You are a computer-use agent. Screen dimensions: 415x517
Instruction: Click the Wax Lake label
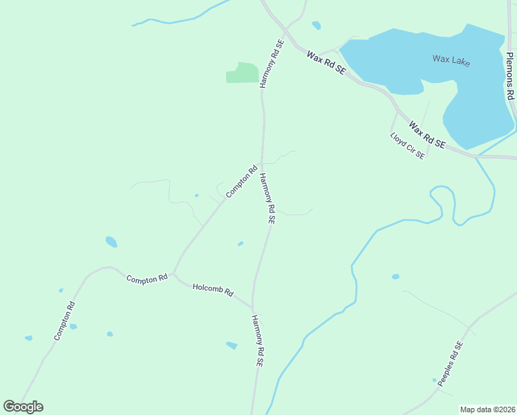(x=451, y=60)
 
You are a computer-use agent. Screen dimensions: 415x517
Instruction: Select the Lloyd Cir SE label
(x=407, y=146)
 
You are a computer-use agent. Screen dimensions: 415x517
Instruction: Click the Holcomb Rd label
(x=213, y=289)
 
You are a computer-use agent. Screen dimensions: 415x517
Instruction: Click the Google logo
(x=23, y=407)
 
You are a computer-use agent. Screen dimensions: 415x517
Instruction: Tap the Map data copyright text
(x=487, y=409)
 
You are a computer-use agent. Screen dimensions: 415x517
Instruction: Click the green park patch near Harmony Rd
(x=242, y=73)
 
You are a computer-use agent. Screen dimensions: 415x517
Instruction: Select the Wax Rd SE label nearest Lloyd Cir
(x=426, y=135)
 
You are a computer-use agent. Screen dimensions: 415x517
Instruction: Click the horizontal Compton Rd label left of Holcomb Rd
(x=147, y=278)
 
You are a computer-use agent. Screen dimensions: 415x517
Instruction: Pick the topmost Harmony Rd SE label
(x=270, y=63)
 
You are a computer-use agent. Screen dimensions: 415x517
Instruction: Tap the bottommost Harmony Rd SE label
(x=258, y=340)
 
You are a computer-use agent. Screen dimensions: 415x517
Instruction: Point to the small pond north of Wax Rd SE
(x=317, y=26)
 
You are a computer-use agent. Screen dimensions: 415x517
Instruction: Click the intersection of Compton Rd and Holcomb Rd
(x=173, y=274)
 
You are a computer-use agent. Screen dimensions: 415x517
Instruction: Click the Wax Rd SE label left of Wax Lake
(x=326, y=62)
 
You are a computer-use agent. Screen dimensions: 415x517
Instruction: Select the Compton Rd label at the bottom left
(x=64, y=320)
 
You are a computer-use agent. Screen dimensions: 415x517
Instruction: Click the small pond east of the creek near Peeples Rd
(x=395, y=277)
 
